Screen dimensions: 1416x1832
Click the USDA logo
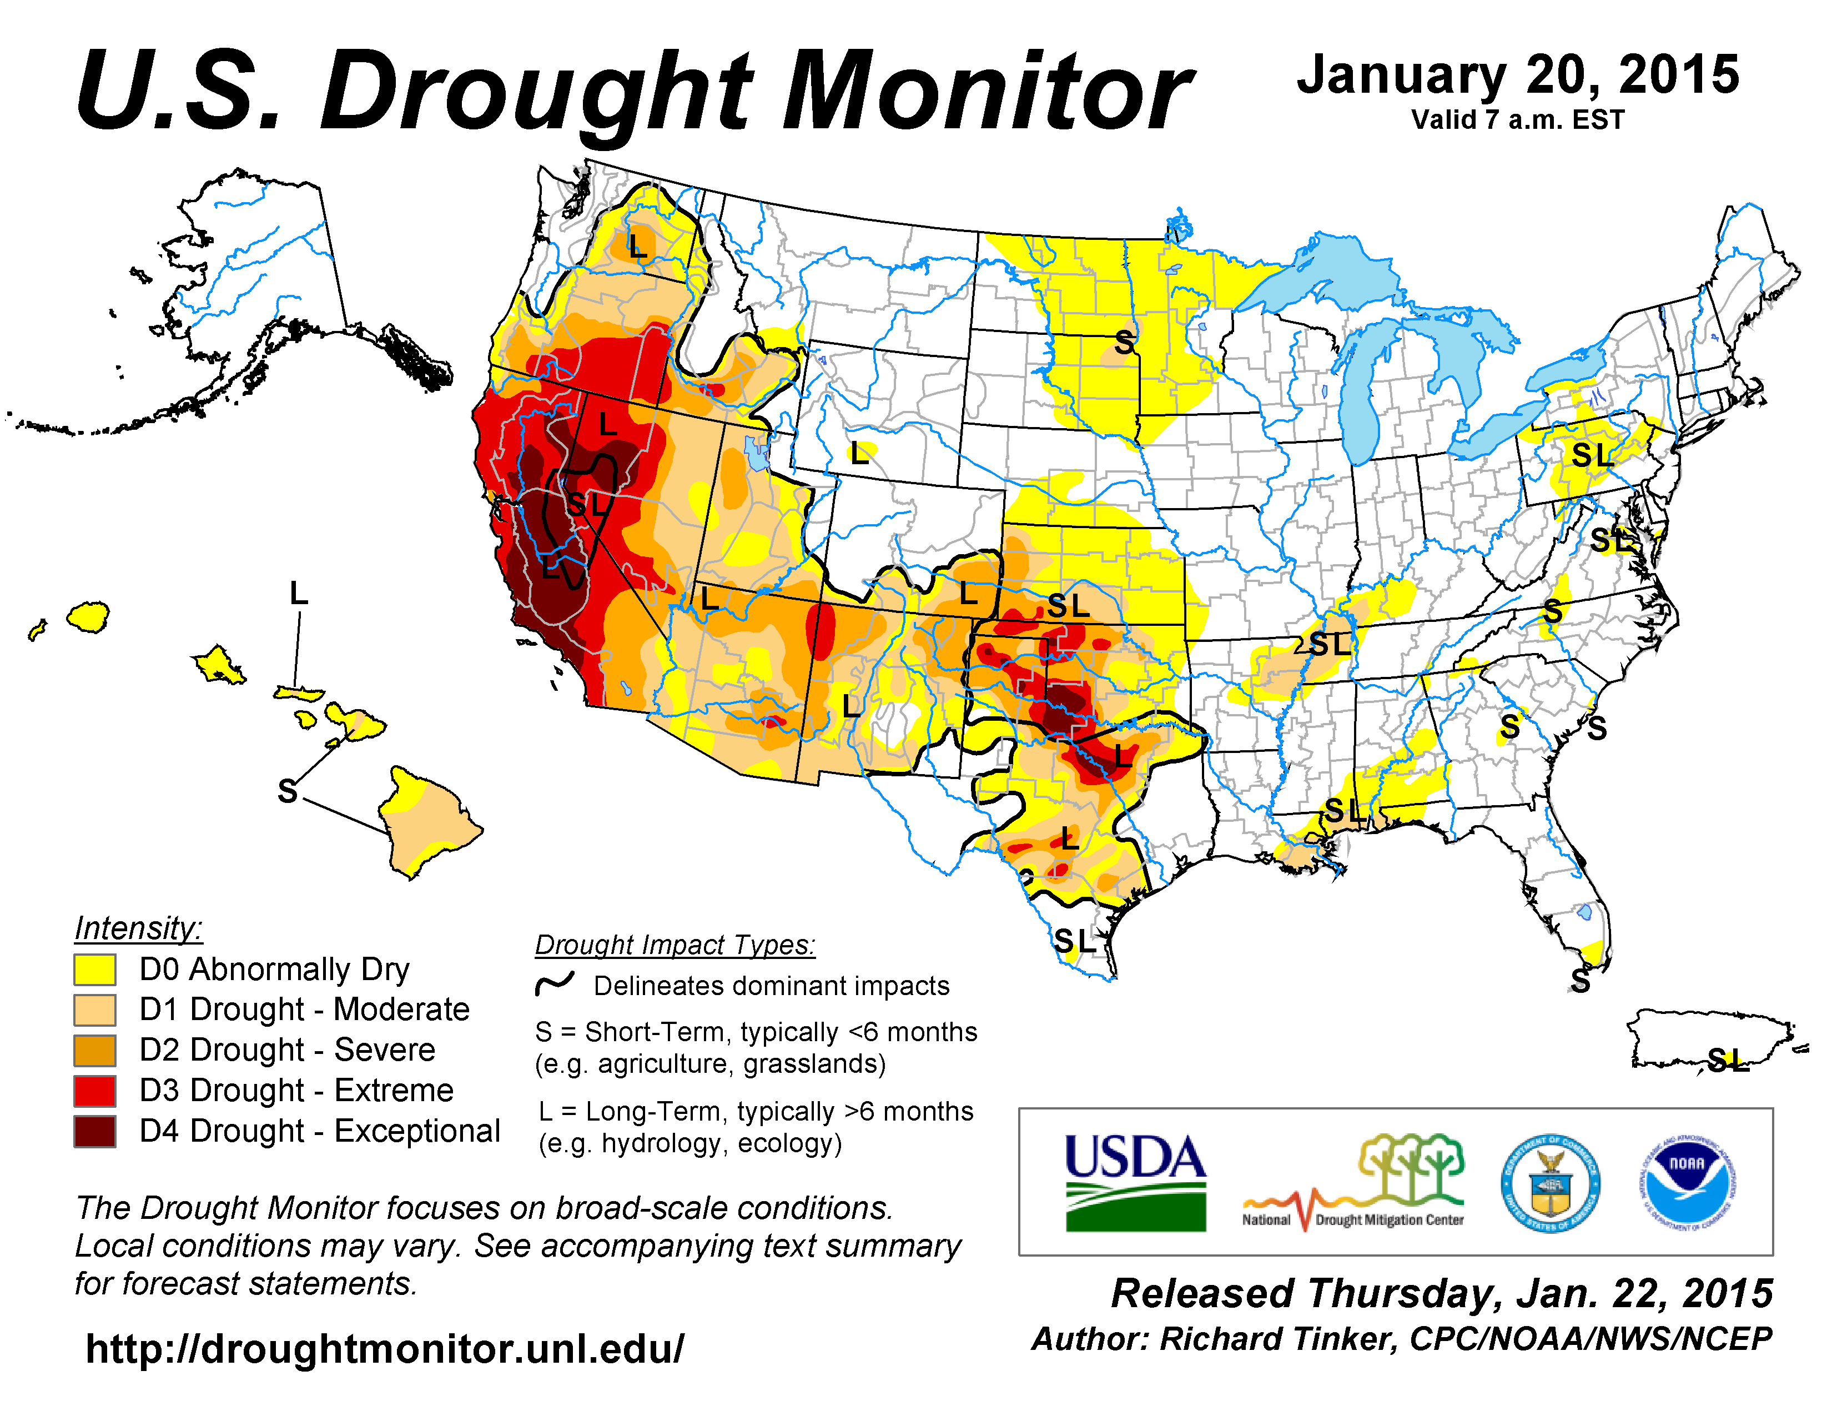coord(1135,1182)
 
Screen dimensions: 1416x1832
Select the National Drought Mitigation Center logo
coord(1353,1183)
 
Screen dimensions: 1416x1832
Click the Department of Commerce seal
coord(1549,1183)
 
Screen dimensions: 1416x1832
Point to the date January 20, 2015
coord(1518,76)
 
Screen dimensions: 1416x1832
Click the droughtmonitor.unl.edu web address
coord(385,1349)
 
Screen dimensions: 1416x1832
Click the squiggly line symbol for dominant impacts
coord(555,984)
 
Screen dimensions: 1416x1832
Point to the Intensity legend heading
coord(138,928)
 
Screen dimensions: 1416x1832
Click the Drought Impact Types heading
coord(675,946)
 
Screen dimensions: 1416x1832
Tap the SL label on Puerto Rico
coord(1728,1061)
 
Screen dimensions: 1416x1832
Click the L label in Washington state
coord(637,247)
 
